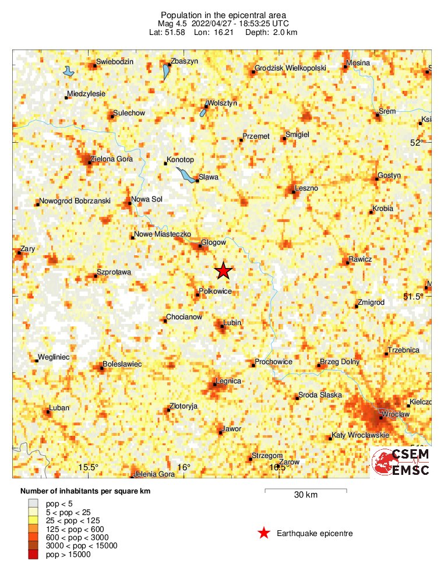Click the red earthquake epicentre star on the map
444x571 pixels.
click(224, 271)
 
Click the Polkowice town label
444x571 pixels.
click(216, 290)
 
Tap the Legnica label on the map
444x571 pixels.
click(228, 381)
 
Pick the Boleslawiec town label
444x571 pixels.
click(122, 364)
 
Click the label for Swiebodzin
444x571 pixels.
click(115, 62)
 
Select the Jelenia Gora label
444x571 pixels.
click(154, 474)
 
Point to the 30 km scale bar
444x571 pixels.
click(306, 491)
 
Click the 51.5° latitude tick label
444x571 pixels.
click(413, 297)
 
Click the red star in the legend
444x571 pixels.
click(264, 533)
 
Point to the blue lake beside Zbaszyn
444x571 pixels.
click(165, 73)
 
